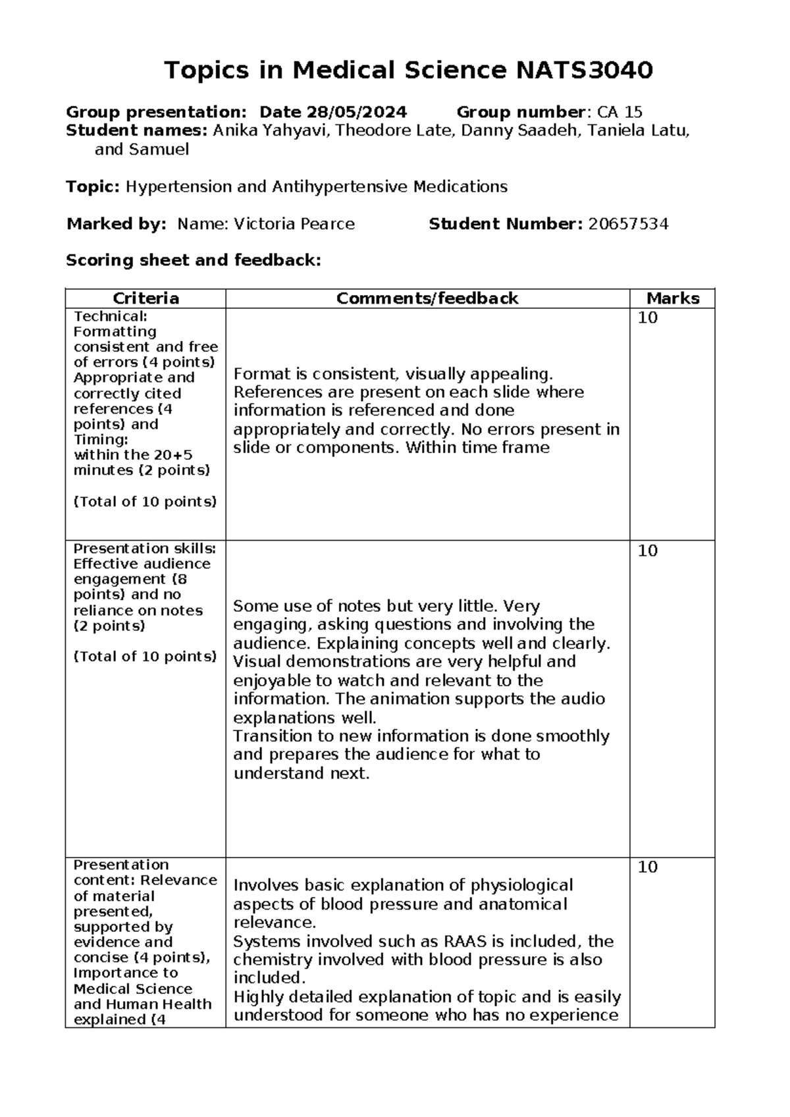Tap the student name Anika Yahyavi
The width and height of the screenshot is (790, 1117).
(x=272, y=131)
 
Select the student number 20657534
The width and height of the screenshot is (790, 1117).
(x=628, y=225)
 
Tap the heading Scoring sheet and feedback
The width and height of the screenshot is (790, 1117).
(x=193, y=261)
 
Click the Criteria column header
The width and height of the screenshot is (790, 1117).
(x=145, y=299)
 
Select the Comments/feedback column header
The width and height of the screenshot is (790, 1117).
(x=427, y=299)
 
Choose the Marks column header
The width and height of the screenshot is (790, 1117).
(x=672, y=299)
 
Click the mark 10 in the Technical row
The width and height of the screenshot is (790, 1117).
(x=648, y=318)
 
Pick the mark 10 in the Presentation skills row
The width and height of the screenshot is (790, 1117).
(x=648, y=551)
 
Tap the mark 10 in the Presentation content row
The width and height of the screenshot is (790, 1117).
(x=648, y=867)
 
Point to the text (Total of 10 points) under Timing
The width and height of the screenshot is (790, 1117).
(x=145, y=502)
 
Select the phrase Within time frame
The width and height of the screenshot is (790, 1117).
(x=477, y=448)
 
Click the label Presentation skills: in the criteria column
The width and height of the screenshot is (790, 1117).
(x=144, y=549)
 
